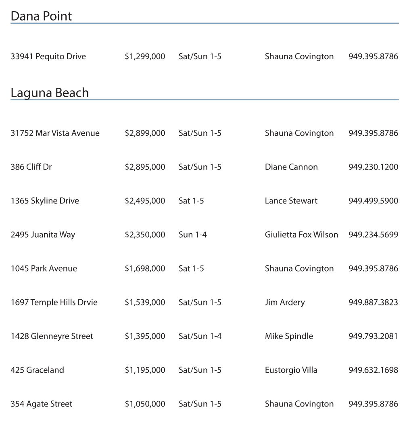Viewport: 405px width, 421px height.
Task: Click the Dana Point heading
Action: pos(41,16)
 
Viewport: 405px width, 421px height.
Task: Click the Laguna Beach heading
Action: pos(50,93)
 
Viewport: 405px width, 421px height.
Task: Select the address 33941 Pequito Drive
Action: pos(48,56)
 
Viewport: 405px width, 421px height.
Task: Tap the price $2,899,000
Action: pos(145,133)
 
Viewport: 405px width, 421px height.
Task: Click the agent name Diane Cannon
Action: pos(291,167)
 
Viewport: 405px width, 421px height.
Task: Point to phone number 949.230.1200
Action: pos(373,167)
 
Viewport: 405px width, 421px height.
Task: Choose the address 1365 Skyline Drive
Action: pos(45,201)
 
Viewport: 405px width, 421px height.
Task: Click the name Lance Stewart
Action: pos(291,201)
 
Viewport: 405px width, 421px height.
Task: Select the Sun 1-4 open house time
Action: pos(192,234)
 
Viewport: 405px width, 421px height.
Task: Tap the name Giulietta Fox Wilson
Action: pos(301,234)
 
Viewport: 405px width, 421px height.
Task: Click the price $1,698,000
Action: pos(145,268)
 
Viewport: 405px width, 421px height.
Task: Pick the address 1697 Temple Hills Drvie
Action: pos(54,302)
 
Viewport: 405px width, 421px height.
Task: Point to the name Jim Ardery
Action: pos(285,302)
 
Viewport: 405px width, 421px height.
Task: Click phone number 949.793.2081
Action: pos(373,336)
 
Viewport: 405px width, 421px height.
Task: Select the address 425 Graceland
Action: pos(37,370)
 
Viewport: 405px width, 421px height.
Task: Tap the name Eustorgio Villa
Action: pos(291,370)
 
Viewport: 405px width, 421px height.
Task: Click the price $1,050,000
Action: pos(145,404)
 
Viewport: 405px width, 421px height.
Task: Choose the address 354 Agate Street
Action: pos(42,404)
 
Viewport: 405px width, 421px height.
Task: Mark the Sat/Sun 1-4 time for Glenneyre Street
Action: pos(200,336)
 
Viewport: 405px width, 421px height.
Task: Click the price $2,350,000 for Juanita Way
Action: pos(145,234)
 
